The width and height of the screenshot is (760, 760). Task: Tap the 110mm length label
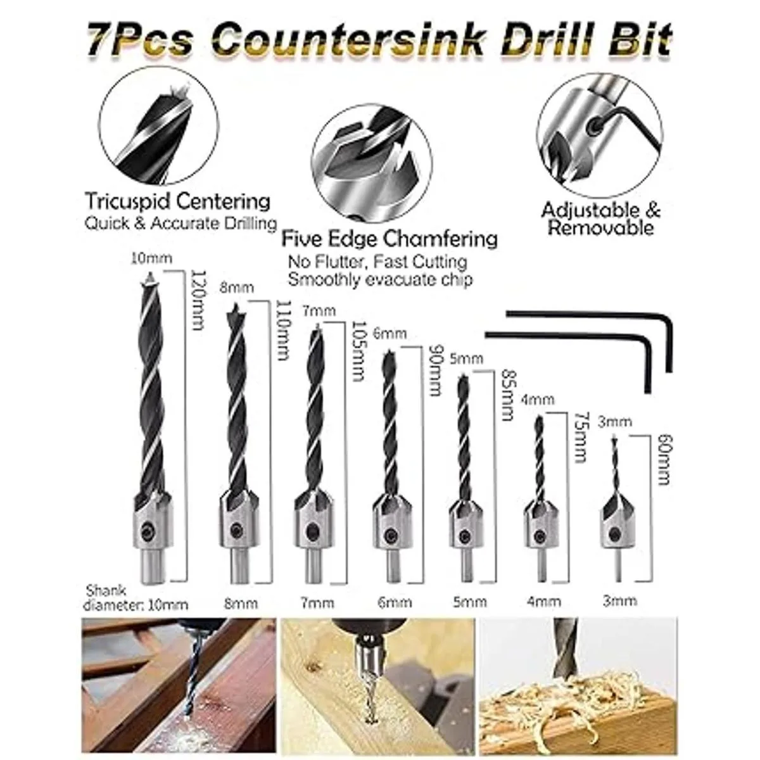click(282, 331)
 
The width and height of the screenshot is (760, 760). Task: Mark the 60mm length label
click(665, 460)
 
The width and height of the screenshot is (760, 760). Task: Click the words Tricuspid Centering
click(178, 201)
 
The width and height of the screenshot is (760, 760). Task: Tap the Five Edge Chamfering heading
click(389, 239)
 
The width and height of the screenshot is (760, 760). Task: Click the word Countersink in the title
click(350, 41)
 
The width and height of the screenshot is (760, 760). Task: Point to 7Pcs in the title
click(141, 41)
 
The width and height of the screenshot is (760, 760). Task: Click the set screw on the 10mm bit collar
click(148, 528)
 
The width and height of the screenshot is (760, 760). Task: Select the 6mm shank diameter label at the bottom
click(395, 602)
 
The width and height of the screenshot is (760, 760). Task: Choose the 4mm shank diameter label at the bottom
click(543, 602)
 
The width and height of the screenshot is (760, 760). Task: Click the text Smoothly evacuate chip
click(381, 279)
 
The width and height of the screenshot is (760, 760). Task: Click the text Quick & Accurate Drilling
click(180, 223)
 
